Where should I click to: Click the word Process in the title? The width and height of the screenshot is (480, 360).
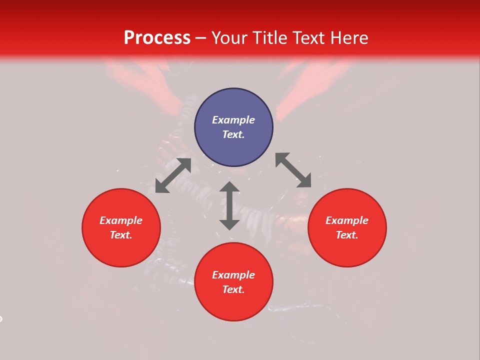[x=157, y=38]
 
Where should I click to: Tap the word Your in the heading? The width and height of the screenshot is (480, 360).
[x=230, y=38]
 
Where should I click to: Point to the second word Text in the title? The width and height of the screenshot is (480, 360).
[x=308, y=38]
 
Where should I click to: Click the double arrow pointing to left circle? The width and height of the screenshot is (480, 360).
[x=173, y=175]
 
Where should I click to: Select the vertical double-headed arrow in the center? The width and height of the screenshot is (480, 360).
[x=229, y=205]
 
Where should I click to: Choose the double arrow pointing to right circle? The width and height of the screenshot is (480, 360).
[x=293, y=170]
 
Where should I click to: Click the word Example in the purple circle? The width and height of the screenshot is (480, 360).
[x=233, y=120]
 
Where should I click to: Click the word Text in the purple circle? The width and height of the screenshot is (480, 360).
[x=233, y=134]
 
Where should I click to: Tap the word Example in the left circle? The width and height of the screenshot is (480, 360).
[x=121, y=220]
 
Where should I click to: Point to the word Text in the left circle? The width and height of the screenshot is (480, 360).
[x=121, y=235]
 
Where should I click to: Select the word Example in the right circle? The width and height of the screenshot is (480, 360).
[x=347, y=220]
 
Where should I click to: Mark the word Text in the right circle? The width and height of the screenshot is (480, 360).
[x=347, y=235]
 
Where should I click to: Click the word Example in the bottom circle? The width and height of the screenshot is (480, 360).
[x=233, y=275]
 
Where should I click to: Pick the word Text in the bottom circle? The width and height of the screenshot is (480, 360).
[x=233, y=289]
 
